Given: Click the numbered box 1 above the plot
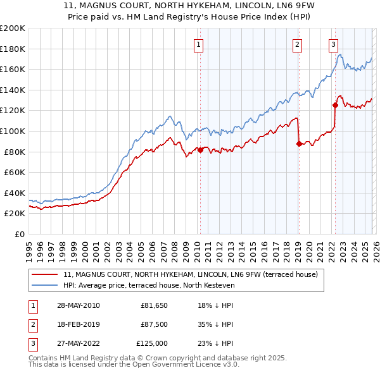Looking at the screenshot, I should pos(199,44).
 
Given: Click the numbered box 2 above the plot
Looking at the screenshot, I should pos(297,44).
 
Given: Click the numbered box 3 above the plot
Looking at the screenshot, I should pos(333,44).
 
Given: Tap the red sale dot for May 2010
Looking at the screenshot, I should pos(201,150).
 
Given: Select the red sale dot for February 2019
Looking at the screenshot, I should pos(298,144).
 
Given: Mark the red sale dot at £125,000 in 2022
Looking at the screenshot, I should pos(335,105).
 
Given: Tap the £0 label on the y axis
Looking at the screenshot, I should pos(19,234).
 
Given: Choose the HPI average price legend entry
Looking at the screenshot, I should pos(149,286).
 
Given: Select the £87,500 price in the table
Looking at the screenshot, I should pos(154,324).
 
